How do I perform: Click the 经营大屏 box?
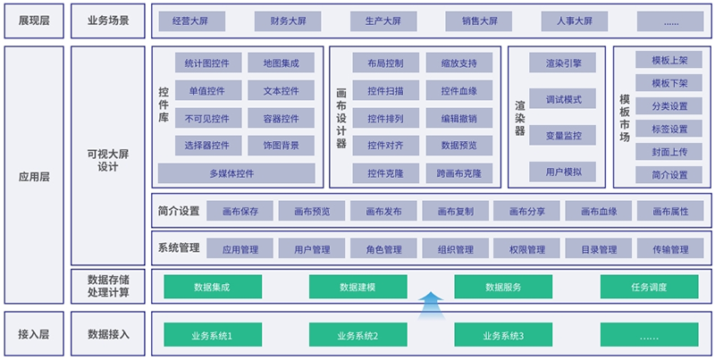pos(191,21)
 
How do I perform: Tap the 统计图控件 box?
pos(207,63)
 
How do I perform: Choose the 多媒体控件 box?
pos(238,172)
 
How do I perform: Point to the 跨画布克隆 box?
pos(458,172)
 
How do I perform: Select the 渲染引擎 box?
pos(563,63)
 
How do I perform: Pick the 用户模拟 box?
pos(563,172)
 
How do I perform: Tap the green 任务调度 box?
pos(650,287)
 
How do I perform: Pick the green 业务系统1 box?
pos(212,336)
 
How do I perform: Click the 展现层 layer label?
pos(34,21)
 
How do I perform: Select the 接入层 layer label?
pos(34,335)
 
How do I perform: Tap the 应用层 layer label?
pos(34,177)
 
